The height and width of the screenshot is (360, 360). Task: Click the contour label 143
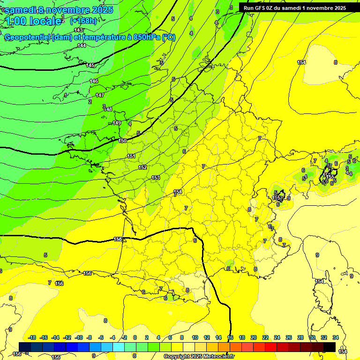click(78, 30)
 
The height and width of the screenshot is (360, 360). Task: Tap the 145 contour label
click(90, 65)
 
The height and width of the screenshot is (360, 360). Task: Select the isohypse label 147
click(100, 95)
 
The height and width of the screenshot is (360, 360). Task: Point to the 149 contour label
click(117, 123)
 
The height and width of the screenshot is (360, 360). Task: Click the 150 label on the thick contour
click(123, 141)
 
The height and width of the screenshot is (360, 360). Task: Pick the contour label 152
click(142, 167)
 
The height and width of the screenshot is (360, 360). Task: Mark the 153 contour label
click(156, 178)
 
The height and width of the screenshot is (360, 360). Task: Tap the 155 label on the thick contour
click(118, 239)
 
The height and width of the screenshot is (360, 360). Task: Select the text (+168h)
click(83, 21)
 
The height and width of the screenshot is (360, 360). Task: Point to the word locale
click(45, 21)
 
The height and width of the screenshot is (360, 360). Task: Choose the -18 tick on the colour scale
click(32, 337)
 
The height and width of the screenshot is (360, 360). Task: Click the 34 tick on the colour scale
click(336, 337)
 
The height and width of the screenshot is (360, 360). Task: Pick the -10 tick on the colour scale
click(79, 337)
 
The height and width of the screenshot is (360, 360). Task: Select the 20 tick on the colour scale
click(254, 337)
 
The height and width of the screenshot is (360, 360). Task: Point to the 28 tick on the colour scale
click(300, 337)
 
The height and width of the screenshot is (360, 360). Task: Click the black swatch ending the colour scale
click(330, 347)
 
